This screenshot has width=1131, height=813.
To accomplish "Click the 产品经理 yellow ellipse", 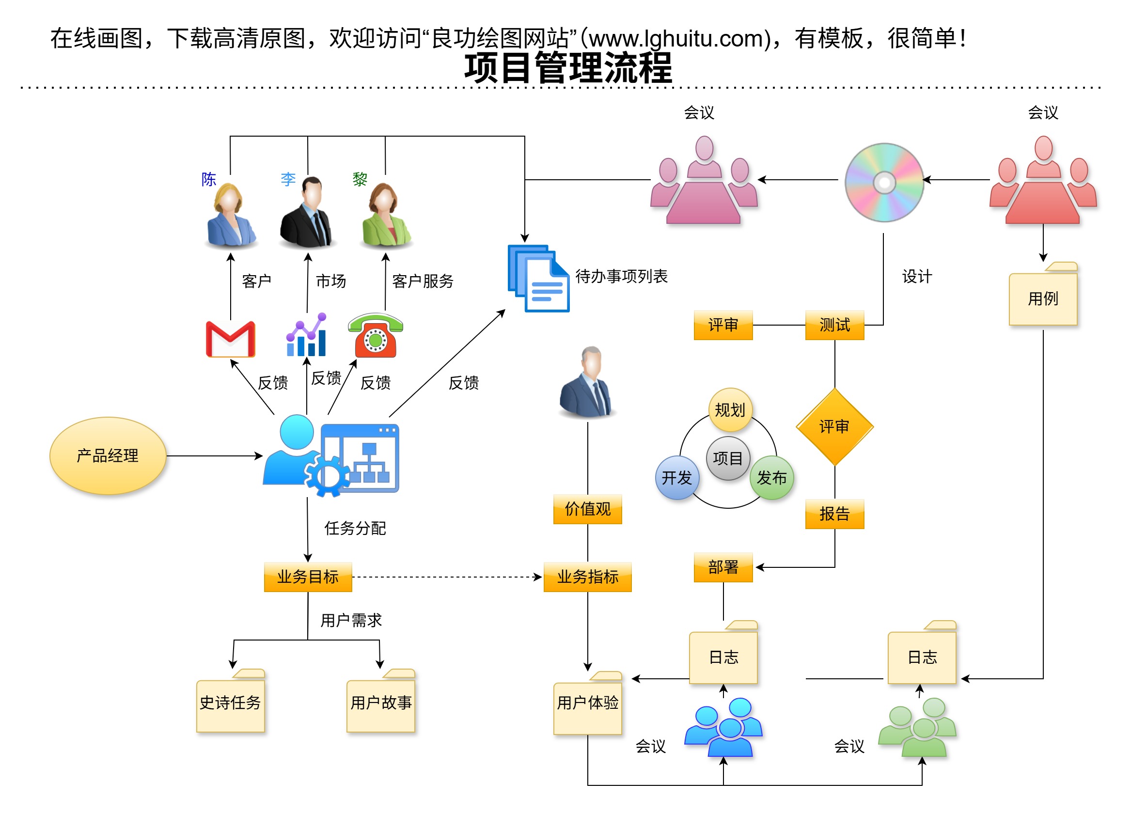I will pyautogui.click(x=108, y=455).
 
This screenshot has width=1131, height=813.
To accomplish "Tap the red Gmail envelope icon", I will pyautogui.click(x=230, y=339).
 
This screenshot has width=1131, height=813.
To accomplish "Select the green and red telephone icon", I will pyautogui.click(x=376, y=335).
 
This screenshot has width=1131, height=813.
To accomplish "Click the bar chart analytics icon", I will pyautogui.click(x=307, y=335).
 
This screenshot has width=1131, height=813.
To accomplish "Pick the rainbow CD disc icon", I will pyautogui.click(x=884, y=183).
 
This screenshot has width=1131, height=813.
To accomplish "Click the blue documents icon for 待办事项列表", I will pyautogui.click(x=538, y=278).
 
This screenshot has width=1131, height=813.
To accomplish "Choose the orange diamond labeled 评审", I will pyautogui.click(x=834, y=427).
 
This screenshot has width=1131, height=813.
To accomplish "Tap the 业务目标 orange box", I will pyautogui.click(x=308, y=577).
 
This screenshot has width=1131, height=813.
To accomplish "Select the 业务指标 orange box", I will pyautogui.click(x=587, y=577).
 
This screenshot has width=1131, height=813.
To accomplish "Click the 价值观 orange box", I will pyautogui.click(x=587, y=509).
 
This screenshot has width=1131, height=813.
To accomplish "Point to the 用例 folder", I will pyautogui.click(x=1043, y=297).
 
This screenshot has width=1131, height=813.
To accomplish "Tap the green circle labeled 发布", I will pyautogui.click(x=771, y=478).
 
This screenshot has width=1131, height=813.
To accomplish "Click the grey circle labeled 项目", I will pyautogui.click(x=728, y=458).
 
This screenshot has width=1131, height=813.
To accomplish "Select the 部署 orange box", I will pyautogui.click(x=723, y=567).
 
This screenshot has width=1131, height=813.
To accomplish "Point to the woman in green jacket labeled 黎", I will pyautogui.click(x=385, y=215).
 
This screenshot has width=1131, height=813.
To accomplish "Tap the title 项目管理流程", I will pyautogui.click(x=568, y=68).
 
